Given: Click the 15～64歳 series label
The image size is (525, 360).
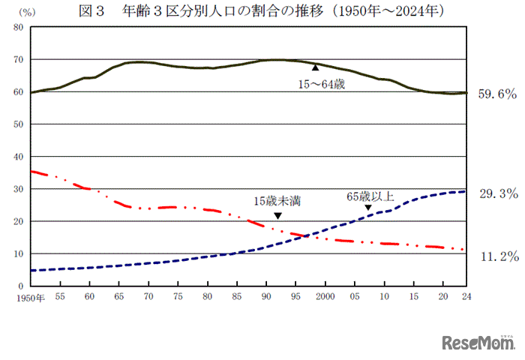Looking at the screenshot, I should click(x=322, y=85).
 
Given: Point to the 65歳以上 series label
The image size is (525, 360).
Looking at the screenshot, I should click(x=370, y=196).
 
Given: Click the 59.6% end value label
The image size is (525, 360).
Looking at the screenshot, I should click(x=498, y=94).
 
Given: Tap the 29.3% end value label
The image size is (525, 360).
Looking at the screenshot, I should click(x=498, y=193).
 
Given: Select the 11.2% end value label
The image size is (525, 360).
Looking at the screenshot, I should click(x=498, y=256).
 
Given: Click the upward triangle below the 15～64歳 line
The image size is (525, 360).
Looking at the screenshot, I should click(x=315, y=68).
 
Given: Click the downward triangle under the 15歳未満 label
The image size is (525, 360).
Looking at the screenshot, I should click(x=277, y=216).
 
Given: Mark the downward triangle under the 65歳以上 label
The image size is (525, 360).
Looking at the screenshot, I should click(x=368, y=208).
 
